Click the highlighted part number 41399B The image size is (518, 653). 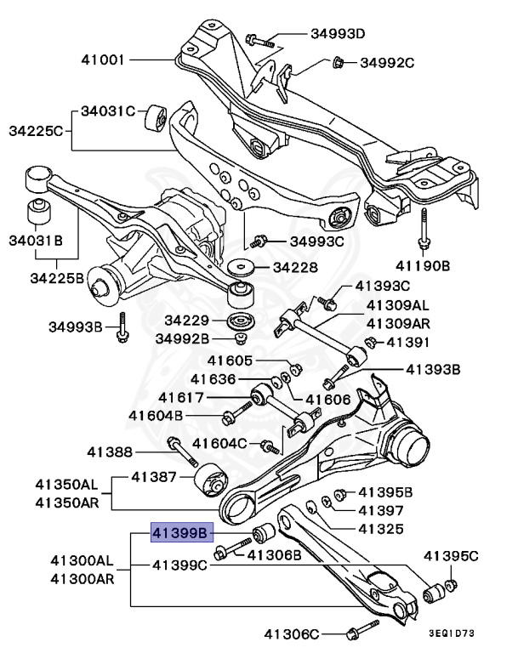(x=179, y=534)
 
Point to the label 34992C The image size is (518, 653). (x=386, y=62)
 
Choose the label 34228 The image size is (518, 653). (x=295, y=267)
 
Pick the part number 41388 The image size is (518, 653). (x=109, y=451)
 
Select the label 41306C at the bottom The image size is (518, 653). (x=291, y=633)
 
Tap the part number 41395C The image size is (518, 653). (x=451, y=556)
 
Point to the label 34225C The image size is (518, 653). (x=37, y=131)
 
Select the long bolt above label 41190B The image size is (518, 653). (x=421, y=229)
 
